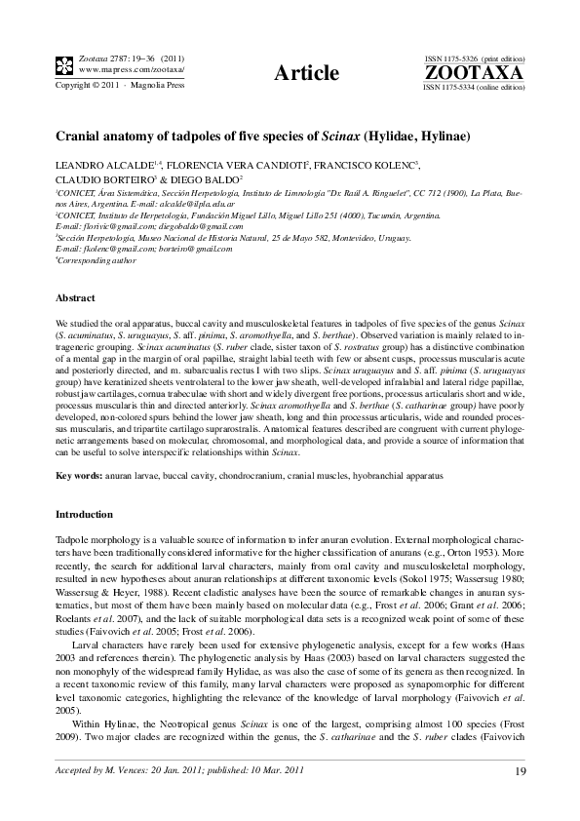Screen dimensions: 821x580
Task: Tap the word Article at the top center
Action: pyautogui.click(x=307, y=73)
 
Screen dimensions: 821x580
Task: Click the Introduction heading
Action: pyautogui.click(x=85, y=513)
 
